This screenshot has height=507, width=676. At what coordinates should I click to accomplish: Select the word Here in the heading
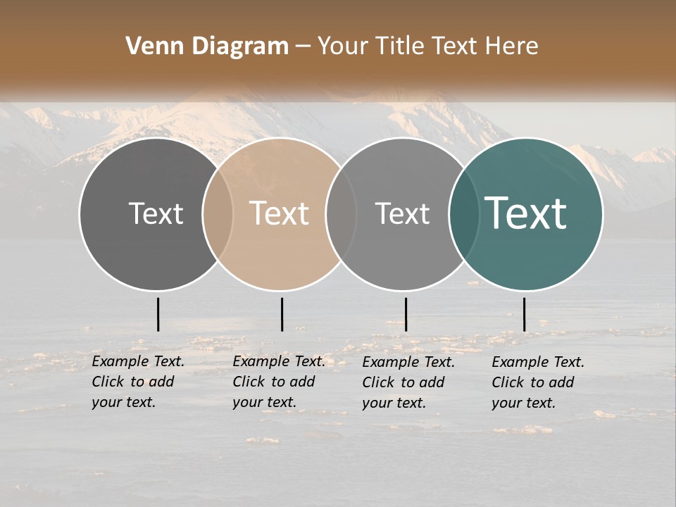512,46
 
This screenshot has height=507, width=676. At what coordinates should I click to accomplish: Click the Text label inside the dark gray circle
156,213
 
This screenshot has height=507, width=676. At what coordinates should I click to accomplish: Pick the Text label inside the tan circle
280,213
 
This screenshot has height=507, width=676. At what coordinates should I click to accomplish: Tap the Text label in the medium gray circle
402,213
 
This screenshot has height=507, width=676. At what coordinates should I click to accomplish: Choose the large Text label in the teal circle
526,213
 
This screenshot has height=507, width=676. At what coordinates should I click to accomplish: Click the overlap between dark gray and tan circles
218,213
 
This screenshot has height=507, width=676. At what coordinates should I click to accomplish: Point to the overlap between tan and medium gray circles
342,213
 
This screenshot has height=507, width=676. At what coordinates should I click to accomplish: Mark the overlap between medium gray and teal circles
463,213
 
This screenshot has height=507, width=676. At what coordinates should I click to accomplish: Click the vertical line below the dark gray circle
158,314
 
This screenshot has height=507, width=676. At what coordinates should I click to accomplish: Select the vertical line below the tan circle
282,314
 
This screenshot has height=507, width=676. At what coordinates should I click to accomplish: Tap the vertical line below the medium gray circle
406,314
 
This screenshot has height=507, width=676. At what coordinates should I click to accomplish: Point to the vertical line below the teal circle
524,314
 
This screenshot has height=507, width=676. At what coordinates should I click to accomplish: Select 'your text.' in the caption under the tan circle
264,403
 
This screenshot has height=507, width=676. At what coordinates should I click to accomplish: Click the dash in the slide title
303,47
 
